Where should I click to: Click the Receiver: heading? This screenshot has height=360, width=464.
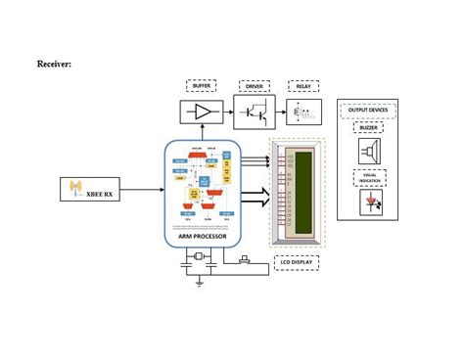(54, 64)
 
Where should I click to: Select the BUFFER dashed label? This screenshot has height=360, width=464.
(202, 86)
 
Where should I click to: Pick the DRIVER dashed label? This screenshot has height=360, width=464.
(254, 86)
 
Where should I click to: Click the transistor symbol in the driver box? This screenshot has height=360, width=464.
(254, 112)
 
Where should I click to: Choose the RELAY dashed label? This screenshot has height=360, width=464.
(302, 86)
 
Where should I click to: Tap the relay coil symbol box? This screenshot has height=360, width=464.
(302, 112)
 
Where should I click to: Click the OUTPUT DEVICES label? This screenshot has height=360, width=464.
(367, 111)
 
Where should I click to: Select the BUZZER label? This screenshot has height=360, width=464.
(368, 128)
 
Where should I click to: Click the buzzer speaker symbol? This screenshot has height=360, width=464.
(369, 151)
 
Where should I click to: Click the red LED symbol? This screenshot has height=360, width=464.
(369, 202)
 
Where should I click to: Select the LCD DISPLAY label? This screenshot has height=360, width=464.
(297, 263)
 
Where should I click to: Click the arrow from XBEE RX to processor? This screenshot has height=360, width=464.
(140, 189)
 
